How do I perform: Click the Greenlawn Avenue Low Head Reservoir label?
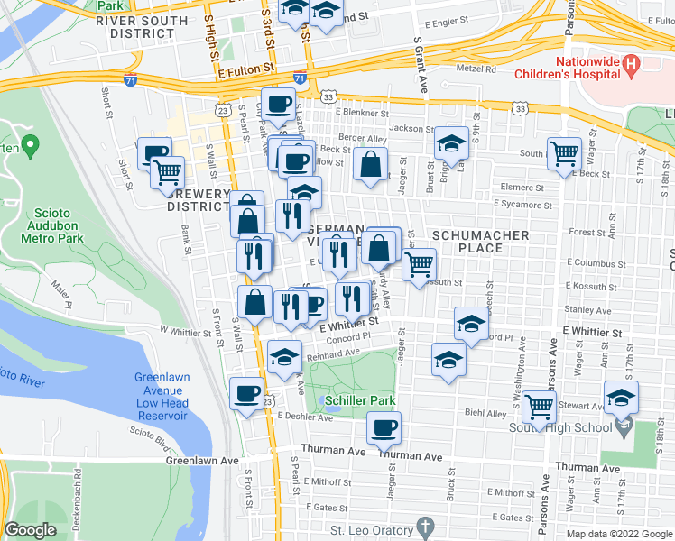click(162, 396)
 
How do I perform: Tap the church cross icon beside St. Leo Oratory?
click(423, 527)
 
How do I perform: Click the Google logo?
click(30, 530)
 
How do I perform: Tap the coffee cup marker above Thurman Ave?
click(384, 427)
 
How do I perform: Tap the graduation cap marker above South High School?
click(621, 397)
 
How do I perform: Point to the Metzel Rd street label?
click(477, 68)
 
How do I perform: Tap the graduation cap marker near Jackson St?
click(450, 142)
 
